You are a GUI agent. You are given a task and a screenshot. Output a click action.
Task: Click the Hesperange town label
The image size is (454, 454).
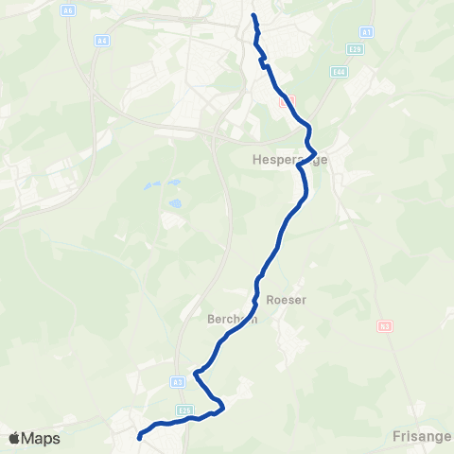290,160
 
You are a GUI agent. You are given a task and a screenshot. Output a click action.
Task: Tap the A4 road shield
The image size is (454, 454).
101,41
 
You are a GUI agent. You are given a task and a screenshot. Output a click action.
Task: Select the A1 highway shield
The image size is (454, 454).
366,31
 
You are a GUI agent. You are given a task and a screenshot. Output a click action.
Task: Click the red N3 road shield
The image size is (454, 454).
384,326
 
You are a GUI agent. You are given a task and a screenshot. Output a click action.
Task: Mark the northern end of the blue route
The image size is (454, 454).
253,15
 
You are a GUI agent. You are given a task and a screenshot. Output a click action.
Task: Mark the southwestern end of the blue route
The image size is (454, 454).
140,436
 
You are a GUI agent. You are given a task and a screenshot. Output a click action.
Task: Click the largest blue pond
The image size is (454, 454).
175,202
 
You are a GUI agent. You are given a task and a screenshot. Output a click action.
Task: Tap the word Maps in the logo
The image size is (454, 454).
42,438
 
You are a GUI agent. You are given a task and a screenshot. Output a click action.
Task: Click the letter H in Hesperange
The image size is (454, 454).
257,160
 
